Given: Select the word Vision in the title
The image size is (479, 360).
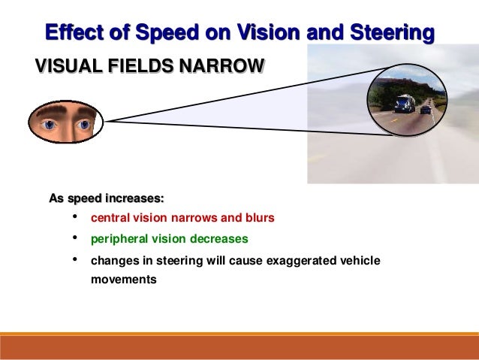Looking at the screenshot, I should pyautogui.click(x=259, y=34).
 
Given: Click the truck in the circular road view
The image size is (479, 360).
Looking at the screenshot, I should pyautogui.click(x=404, y=103).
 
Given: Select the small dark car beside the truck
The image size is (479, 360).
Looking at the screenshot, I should pyautogui.click(x=426, y=110).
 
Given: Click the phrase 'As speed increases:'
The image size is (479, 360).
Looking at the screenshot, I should pyautogui.click(x=106, y=199).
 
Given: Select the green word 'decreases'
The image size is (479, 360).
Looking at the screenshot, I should pyautogui.click(x=219, y=239).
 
